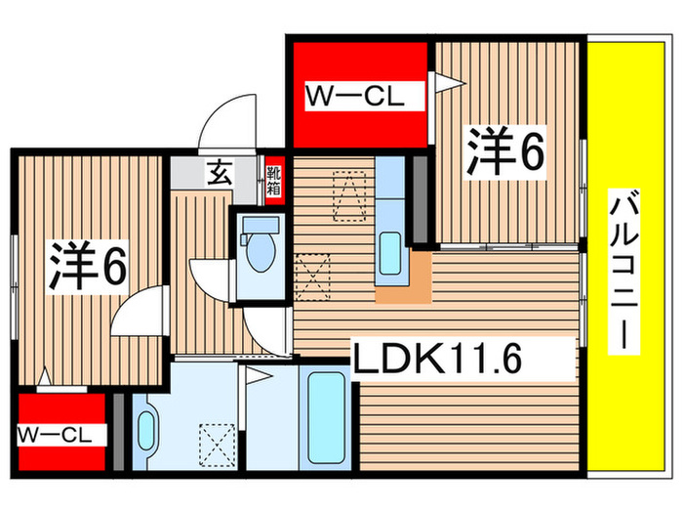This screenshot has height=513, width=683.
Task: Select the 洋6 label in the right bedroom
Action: (x=503, y=152)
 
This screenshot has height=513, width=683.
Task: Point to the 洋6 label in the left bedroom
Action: (x=86, y=265)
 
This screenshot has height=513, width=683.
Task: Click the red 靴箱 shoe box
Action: (x=274, y=180)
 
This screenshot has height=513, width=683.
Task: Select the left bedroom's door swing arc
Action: (x=135, y=314)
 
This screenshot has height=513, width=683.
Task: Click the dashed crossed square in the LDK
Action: (x=311, y=274)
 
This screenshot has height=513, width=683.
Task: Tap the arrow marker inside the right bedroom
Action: (x=447, y=86)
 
